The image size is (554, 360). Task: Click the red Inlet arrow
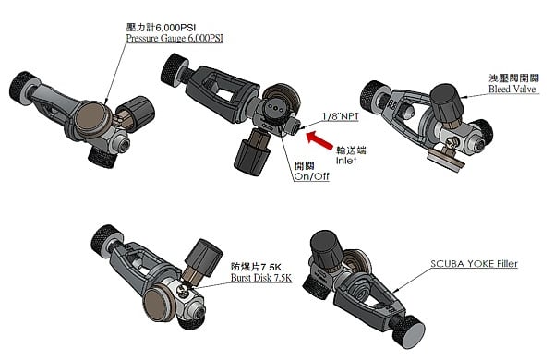tap(319, 141)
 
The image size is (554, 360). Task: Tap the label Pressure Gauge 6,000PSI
tap(175, 39)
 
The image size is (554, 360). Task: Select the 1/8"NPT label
tap(340, 116)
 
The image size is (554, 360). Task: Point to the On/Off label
tap(311, 176)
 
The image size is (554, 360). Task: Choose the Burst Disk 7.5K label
tap(261, 278)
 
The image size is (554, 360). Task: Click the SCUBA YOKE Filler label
tap(474, 264)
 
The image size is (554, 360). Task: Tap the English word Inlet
tap(346, 161)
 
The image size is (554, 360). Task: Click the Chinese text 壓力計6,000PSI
tap(161, 28)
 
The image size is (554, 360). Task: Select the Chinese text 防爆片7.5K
tap(256, 267)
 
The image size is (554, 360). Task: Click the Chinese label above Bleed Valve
tap(513, 78)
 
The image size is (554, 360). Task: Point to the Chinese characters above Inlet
tap(351, 150)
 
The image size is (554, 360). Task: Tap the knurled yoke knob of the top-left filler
tap(21, 88)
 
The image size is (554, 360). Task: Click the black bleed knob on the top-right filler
tap(446, 102)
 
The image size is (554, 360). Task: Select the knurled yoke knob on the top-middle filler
tap(174, 68)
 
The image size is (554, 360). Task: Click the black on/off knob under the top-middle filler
tap(250, 155)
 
